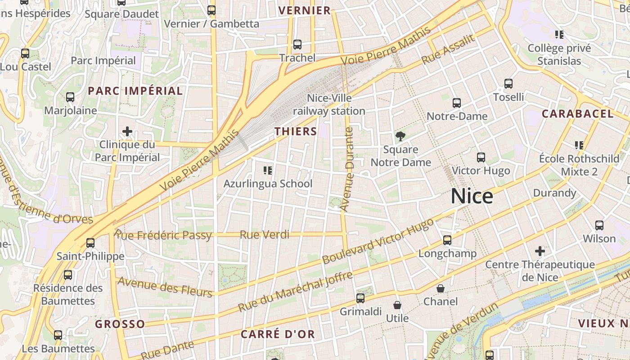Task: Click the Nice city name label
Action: pyautogui.click(x=472, y=197)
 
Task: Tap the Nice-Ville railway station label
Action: pyautogui.click(x=329, y=104)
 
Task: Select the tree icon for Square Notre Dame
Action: pyautogui.click(x=400, y=136)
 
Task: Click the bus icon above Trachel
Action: pyautogui.click(x=297, y=45)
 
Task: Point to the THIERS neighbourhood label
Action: pyautogui.click(x=296, y=131)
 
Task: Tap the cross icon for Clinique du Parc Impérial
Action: pyautogui.click(x=127, y=131)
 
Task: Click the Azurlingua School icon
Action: pyautogui.click(x=268, y=171)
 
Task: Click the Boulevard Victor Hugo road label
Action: pyautogui.click(x=378, y=242)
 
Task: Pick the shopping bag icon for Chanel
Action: pyautogui.click(x=441, y=288)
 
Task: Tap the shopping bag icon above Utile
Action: pyautogui.click(x=397, y=306)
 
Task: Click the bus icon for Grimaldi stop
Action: pyautogui.click(x=360, y=298)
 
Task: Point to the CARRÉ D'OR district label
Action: pyautogui.click(x=278, y=334)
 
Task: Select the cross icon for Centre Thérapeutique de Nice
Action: pyautogui.click(x=540, y=251)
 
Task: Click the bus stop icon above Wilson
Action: pyautogui.click(x=599, y=225)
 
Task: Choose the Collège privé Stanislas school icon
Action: pyautogui.click(x=559, y=35)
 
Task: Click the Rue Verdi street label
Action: pyautogui.click(x=265, y=234)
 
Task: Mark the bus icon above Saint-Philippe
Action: pyautogui.click(x=90, y=243)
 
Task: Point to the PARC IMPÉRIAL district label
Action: pyautogui.click(x=135, y=91)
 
